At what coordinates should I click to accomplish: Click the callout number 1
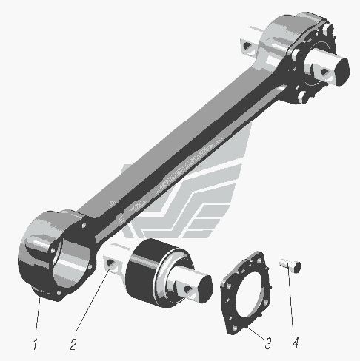(36, 344)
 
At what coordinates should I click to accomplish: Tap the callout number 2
(73, 344)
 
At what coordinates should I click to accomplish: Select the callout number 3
(268, 343)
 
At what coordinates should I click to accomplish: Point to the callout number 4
(296, 343)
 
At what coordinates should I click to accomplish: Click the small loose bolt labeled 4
(290, 266)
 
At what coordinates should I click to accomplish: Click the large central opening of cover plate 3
(250, 293)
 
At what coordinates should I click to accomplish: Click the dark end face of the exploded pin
(205, 289)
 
